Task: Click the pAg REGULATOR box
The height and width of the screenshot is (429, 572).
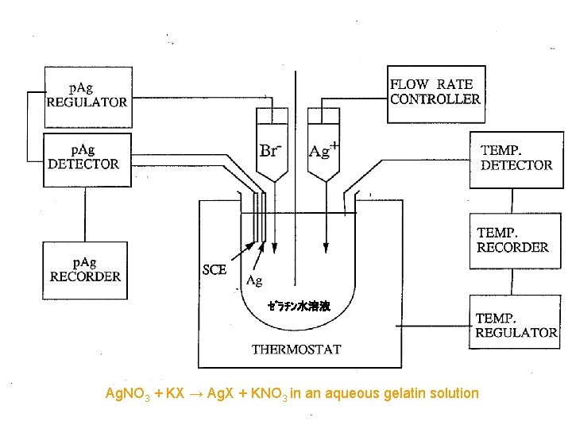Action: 87,96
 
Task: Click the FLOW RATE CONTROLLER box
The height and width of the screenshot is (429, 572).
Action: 435,93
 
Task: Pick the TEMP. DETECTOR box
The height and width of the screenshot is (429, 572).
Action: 516,159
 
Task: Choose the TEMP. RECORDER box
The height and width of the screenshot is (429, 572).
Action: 512,241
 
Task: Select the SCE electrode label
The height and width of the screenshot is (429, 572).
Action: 214,269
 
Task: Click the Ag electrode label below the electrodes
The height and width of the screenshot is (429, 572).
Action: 254,280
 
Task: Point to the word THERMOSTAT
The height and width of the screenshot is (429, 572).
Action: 296,349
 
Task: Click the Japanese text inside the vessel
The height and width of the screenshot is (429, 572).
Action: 298,306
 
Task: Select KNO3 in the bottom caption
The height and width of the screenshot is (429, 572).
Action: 265,393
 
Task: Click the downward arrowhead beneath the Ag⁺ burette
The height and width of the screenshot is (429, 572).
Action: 327,246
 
